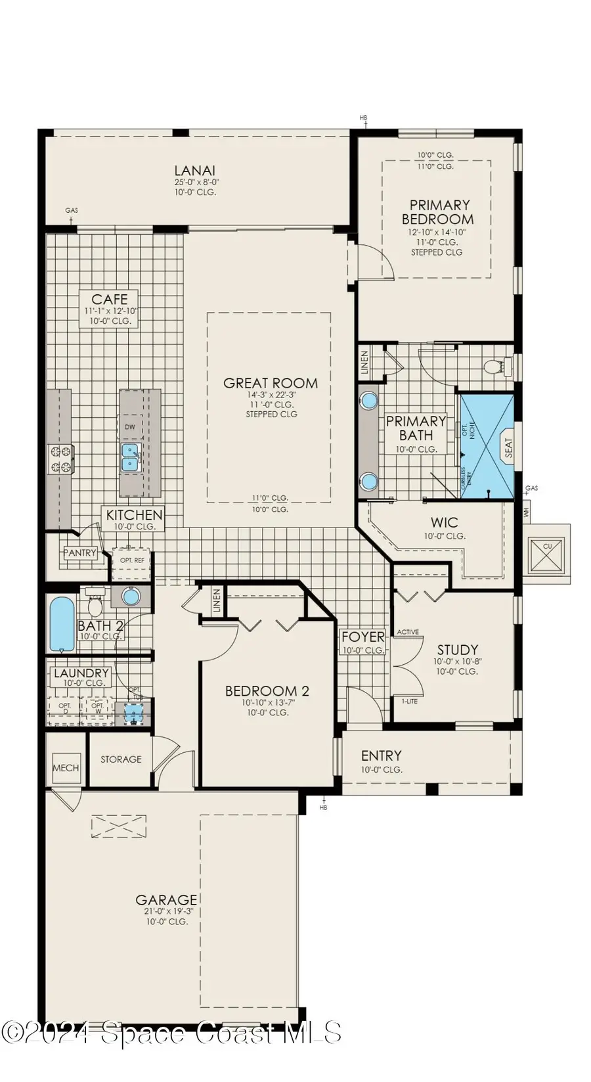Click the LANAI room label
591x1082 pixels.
pos(195,171)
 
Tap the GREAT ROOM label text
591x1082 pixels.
pos(271,383)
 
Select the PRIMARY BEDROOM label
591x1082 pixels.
pos(438,212)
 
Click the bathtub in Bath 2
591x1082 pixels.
pos(61,623)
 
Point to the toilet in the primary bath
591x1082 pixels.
pos(494,367)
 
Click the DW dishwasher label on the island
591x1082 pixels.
pos(130,427)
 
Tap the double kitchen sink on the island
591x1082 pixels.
pos(131,457)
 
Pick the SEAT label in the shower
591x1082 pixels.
pos(508,449)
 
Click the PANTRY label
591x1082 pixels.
pos(80,553)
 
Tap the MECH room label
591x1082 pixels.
pos(66,767)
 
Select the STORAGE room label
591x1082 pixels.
pos(121,759)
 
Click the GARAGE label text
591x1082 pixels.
pos(166,900)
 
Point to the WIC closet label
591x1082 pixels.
pos(444,523)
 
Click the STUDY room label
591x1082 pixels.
pos(457,650)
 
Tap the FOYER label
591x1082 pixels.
pos(362,637)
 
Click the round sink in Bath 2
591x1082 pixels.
pos(131,597)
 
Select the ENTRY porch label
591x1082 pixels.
pos(381,755)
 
